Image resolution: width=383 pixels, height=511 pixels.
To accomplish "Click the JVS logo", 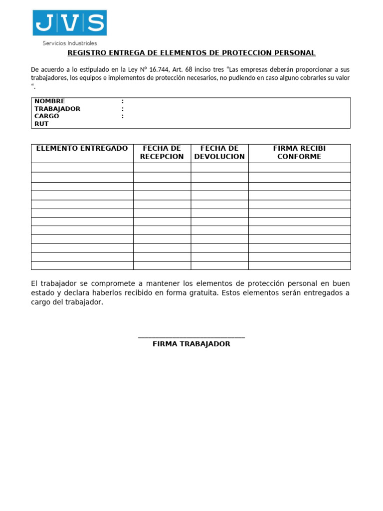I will point(69,23).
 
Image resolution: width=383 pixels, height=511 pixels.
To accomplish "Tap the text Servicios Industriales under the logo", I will point(69,43).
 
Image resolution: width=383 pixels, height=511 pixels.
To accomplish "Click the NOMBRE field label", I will point(49,101).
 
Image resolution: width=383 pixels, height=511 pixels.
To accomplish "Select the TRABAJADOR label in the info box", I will point(57,109).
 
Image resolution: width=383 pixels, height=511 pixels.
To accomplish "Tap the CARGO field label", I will point(46,116).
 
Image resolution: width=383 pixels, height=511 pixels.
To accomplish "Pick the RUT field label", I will point(41,124).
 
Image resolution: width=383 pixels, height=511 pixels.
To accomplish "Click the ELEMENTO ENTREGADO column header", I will point(82,149).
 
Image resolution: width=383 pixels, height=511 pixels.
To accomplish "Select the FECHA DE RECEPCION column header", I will point(162,153).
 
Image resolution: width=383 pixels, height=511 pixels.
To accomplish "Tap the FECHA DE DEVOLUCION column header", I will point(219,153).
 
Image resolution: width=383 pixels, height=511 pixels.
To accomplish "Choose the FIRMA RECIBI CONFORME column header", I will point(299,153).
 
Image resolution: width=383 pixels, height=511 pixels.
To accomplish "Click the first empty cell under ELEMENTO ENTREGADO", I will point(82,167).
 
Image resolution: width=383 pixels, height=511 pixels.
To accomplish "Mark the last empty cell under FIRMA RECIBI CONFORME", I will point(299,265).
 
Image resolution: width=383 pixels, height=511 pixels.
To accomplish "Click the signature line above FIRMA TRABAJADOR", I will point(191,337).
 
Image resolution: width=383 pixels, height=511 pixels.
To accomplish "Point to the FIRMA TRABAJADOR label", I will point(191,344).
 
